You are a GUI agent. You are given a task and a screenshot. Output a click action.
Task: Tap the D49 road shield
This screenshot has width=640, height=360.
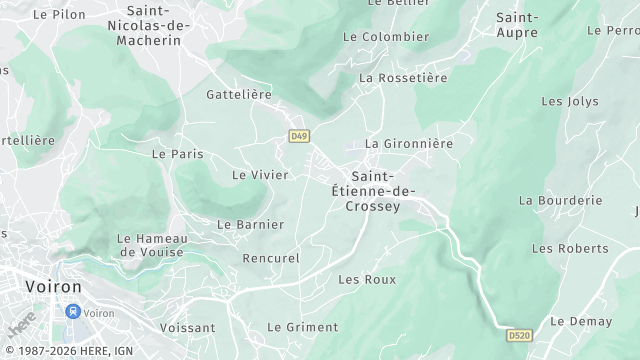click(298, 136)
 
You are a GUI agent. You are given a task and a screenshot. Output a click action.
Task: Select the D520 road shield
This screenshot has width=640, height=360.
click(518, 335)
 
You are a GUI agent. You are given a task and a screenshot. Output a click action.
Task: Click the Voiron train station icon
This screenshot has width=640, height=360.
click(73, 311)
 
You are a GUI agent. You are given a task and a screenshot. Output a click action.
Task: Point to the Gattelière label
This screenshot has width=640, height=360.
click(239, 94)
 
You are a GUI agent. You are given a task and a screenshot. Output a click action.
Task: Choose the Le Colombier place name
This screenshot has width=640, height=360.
click(385, 37)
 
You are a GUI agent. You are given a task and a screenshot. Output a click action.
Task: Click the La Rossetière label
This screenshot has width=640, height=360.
click(401, 77)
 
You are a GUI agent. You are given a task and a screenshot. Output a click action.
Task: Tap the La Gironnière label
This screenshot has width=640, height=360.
click(409, 143)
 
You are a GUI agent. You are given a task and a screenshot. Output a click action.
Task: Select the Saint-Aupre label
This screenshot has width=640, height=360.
click(518, 25)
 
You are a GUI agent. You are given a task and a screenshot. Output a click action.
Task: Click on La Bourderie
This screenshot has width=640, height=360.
click(561, 200)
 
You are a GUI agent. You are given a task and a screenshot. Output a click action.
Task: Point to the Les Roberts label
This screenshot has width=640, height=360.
click(570, 248)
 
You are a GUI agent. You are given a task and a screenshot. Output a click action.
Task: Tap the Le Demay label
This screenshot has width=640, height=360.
click(581, 321)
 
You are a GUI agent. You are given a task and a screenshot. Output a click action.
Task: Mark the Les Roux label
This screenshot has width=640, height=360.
click(361, 279)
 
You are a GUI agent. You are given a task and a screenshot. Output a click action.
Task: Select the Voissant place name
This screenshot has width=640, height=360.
click(187, 327)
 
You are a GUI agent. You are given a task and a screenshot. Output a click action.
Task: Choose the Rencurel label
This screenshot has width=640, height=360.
click(271, 258)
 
